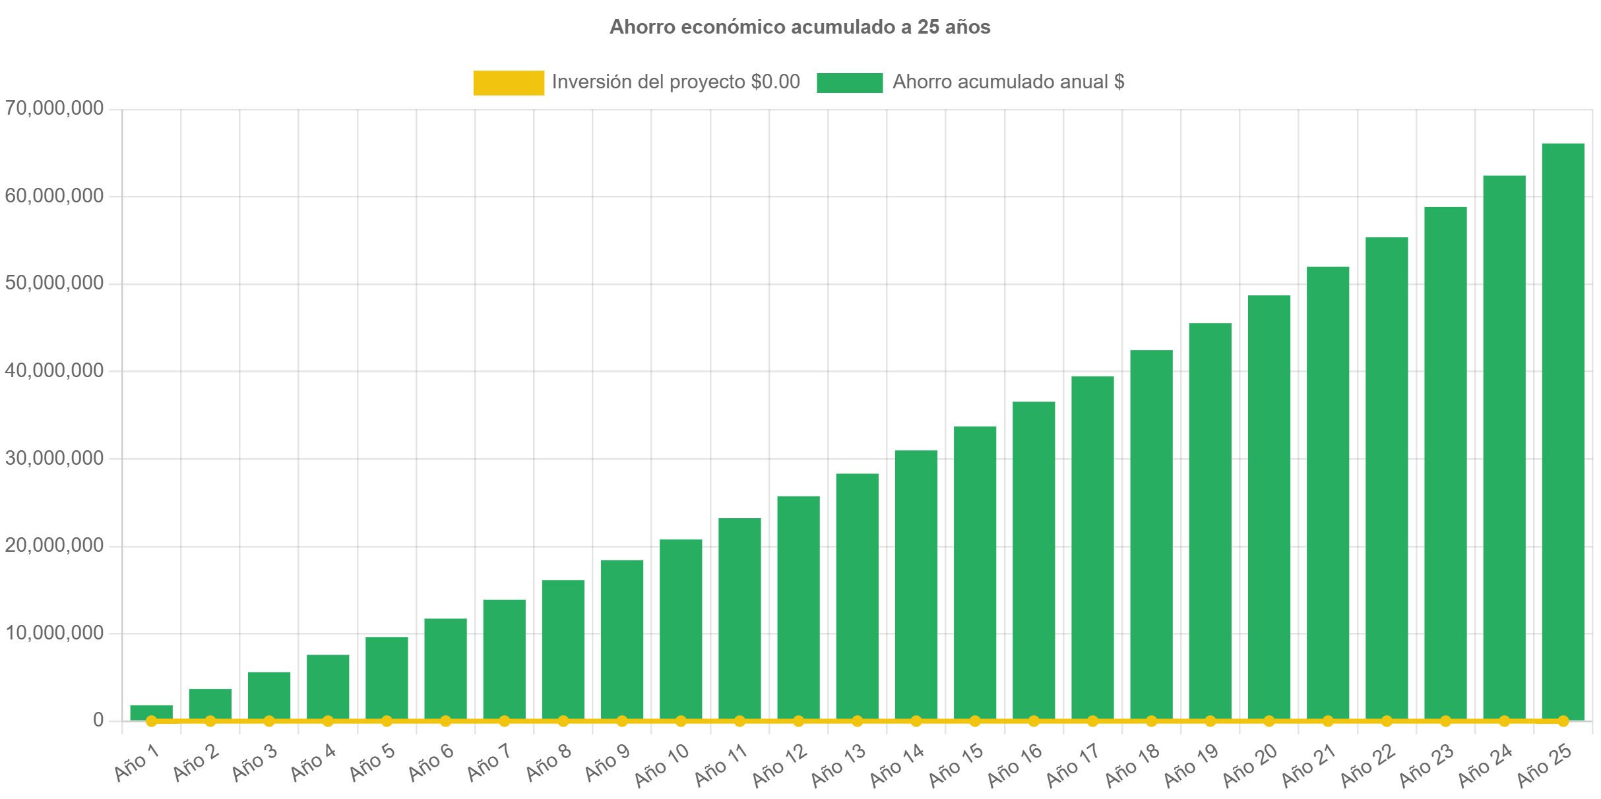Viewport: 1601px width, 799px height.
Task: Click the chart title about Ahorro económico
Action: pyautogui.click(x=800, y=27)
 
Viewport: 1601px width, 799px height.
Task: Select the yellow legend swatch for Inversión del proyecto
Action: pyautogui.click(x=509, y=82)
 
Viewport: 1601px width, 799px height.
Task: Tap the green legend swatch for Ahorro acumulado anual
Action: pyautogui.click(x=849, y=82)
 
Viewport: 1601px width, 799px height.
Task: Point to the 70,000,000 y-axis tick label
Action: pyautogui.click(x=54, y=107)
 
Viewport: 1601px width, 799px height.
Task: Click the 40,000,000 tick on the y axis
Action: pyautogui.click(x=54, y=370)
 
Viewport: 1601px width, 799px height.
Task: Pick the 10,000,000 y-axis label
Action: pyautogui.click(x=54, y=632)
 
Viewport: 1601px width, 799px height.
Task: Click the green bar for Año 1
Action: pyautogui.click(x=151, y=712)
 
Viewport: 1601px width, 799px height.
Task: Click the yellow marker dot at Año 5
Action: pyautogui.click(x=387, y=721)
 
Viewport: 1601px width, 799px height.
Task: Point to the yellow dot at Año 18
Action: pyautogui.click(x=1151, y=721)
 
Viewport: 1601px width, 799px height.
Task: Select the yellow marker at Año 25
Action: pyautogui.click(x=1563, y=721)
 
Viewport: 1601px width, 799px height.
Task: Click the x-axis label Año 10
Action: pyautogui.click(x=662, y=765)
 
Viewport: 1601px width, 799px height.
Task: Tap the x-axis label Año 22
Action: pyautogui.click(x=1367, y=765)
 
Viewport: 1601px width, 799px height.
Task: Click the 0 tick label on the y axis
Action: pyautogui.click(x=98, y=719)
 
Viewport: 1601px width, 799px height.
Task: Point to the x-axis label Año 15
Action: pyautogui.click(x=956, y=765)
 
